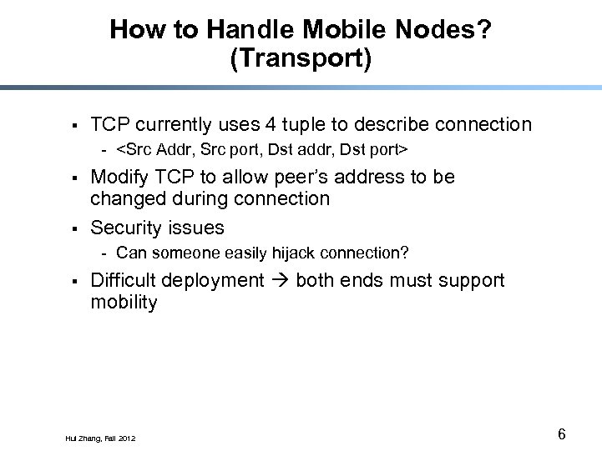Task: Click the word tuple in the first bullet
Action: point(303,125)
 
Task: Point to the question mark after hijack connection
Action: point(405,253)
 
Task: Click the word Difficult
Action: point(123,281)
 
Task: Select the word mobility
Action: point(124,303)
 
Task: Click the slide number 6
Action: point(561,434)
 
